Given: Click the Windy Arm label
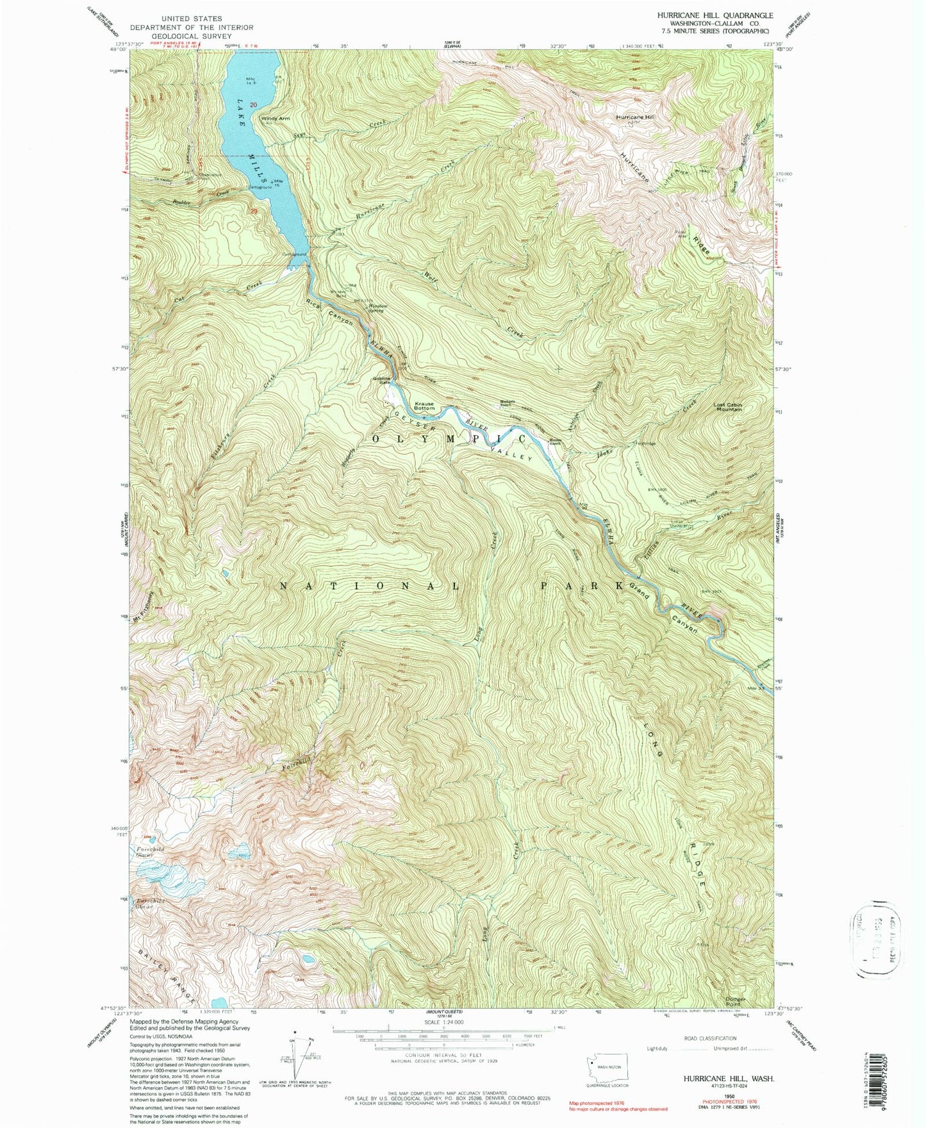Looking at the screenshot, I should pyautogui.click(x=275, y=118).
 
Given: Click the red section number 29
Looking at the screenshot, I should pyautogui.click(x=254, y=211).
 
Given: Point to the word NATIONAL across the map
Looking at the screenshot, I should pyautogui.click(x=368, y=586).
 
